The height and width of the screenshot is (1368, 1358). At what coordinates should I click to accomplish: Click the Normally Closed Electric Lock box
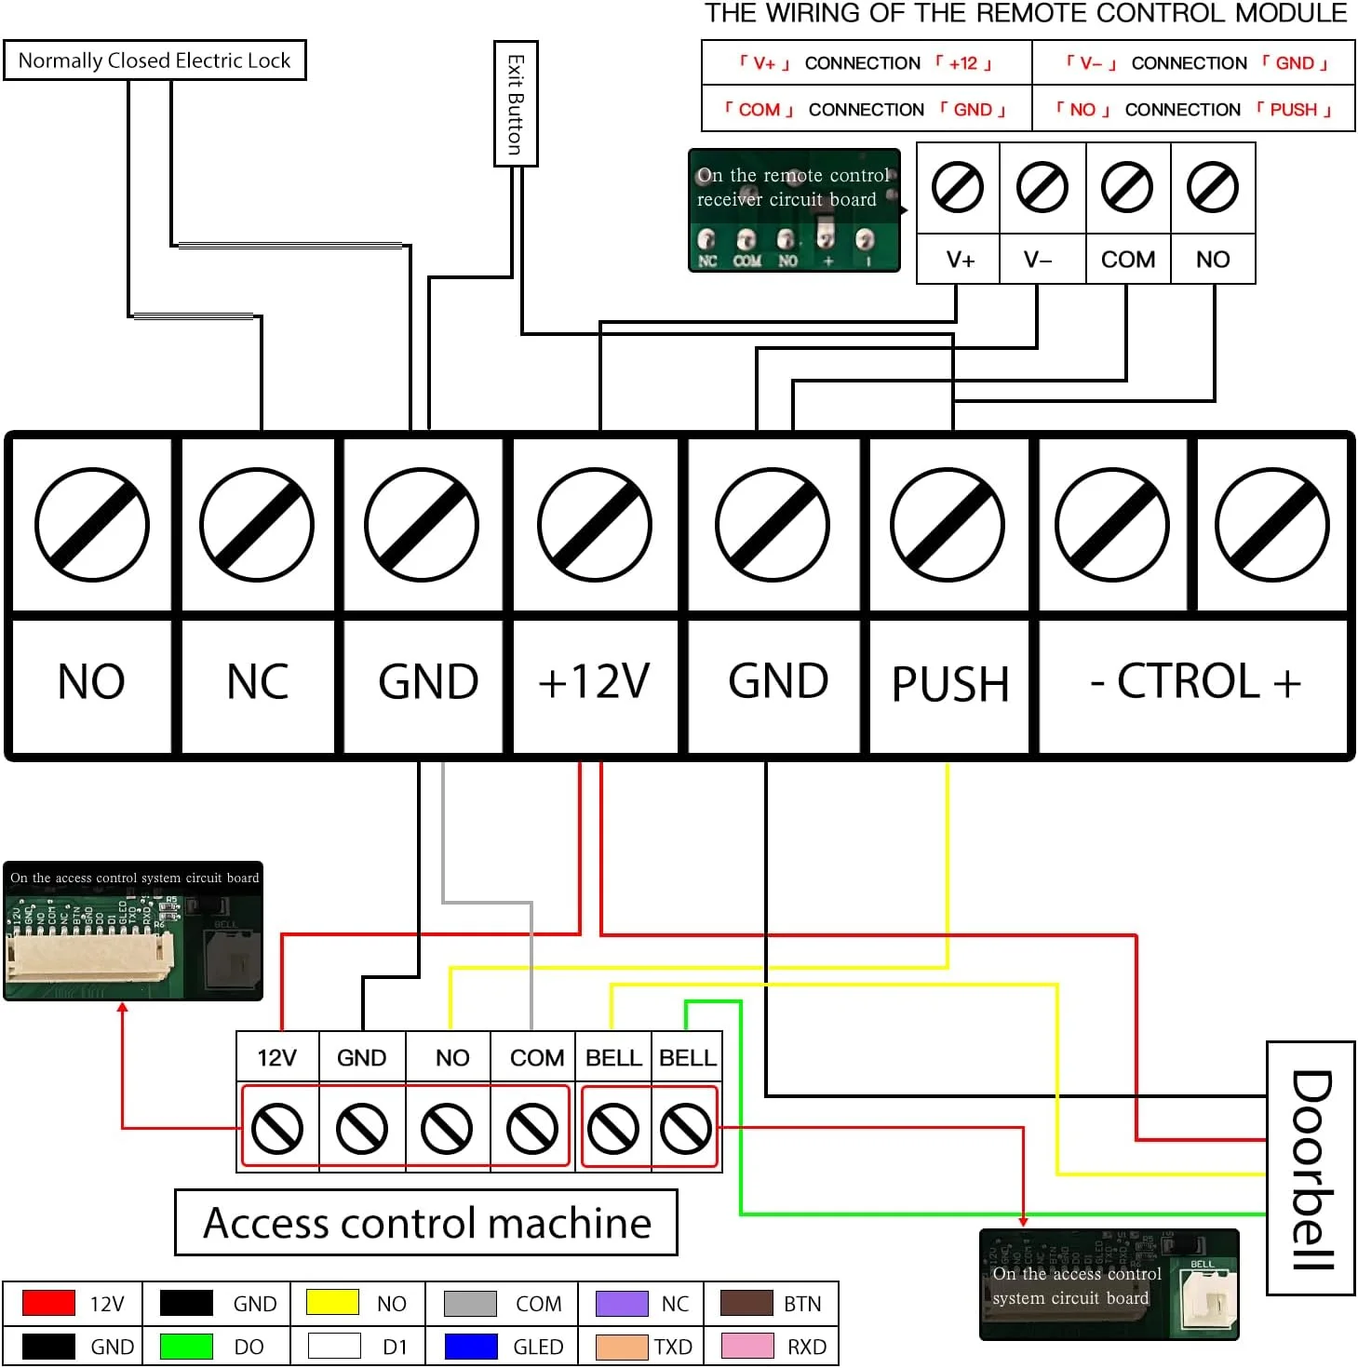(155, 60)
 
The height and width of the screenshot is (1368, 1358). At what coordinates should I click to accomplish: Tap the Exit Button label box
(516, 103)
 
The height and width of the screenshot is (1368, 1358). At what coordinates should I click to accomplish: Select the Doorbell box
(1311, 1168)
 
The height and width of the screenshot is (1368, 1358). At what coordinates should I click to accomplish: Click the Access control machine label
(426, 1223)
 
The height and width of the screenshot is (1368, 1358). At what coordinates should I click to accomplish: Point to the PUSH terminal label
(950, 684)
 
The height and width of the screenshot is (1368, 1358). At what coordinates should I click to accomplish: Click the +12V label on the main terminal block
(594, 681)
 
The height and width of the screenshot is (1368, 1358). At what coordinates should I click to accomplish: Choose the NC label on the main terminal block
(258, 681)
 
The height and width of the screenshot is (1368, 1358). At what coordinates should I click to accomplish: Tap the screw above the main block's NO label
(91, 526)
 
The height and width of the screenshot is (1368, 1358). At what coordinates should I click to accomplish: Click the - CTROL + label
(1195, 681)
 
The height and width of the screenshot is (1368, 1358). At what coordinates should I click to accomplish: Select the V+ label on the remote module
(960, 260)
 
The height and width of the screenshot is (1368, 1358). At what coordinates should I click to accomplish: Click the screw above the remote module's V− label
(1042, 187)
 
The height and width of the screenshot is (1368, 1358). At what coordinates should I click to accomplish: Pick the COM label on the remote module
(1127, 260)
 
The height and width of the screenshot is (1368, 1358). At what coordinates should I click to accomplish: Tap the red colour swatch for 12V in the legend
(48, 1303)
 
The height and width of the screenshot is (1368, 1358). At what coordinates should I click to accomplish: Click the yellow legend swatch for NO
(332, 1303)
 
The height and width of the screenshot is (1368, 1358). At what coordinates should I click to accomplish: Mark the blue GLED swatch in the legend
(471, 1347)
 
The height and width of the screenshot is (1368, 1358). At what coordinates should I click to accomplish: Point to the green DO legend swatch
(186, 1347)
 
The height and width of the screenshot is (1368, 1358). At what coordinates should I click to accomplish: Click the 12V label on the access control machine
(276, 1058)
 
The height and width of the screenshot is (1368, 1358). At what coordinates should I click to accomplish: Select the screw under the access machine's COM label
(531, 1129)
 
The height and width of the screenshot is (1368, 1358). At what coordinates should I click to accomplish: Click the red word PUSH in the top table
(1293, 110)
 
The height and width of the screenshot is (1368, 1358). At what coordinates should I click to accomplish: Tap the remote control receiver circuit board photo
(794, 210)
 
